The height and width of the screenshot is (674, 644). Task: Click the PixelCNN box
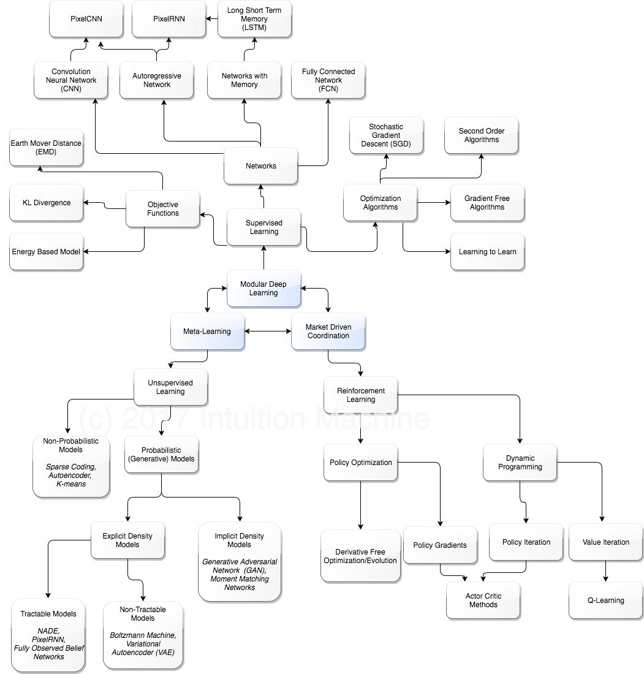pyautogui.click(x=86, y=19)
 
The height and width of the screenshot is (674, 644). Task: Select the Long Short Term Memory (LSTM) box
pyautogui.click(x=255, y=19)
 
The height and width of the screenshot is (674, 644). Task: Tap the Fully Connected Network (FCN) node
pyautogui.click(x=328, y=80)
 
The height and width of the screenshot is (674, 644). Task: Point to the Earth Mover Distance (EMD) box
pyautogui.click(x=46, y=147)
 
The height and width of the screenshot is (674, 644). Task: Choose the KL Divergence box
pyautogui.click(x=46, y=203)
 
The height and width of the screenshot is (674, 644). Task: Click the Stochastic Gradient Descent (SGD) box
pyautogui.click(x=386, y=135)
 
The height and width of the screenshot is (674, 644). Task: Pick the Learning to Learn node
pyautogui.click(x=487, y=252)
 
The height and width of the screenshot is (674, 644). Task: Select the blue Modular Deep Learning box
pyautogui.click(x=263, y=289)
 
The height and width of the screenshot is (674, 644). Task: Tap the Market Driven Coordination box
pyautogui.click(x=328, y=331)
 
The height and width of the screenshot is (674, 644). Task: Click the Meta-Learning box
pyautogui.click(x=207, y=331)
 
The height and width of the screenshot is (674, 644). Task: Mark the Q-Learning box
pyautogui.click(x=606, y=600)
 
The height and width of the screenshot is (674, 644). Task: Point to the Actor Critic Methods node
pyautogui.click(x=483, y=600)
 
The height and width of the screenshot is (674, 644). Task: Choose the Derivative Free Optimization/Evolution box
pyautogui.click(x=360, y=556)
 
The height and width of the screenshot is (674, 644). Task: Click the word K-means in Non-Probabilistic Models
pyautogui.click(x=70, y=483)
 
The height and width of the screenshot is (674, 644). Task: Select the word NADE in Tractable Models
pyautogui.click(x=48, y=631)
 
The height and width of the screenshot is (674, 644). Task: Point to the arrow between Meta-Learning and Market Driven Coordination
pyautogui.click(x=268, y=331)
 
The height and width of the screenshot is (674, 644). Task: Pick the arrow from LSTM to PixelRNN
pyautogui.click(x=212, y=19)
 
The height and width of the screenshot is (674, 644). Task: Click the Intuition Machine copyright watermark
pyautogui.click(x=254, y=419)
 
